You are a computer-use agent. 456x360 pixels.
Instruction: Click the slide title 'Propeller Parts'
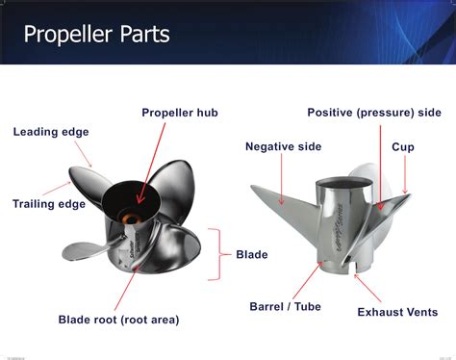coord(96,36)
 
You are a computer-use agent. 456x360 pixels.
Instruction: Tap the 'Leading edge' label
coord(51,132)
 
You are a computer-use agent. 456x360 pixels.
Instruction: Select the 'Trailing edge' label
coord(48,203)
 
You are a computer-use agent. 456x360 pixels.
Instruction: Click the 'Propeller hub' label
coord(180,113)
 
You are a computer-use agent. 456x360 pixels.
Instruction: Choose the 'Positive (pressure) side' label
coord(373,113)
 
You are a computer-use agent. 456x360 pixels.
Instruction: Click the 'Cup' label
coord(403,146)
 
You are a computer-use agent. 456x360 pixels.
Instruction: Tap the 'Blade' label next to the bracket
coord(252,255)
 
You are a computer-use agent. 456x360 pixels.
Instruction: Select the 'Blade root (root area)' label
coord(118,319)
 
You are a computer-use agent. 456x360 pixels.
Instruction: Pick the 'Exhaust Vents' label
coord(397,312)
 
